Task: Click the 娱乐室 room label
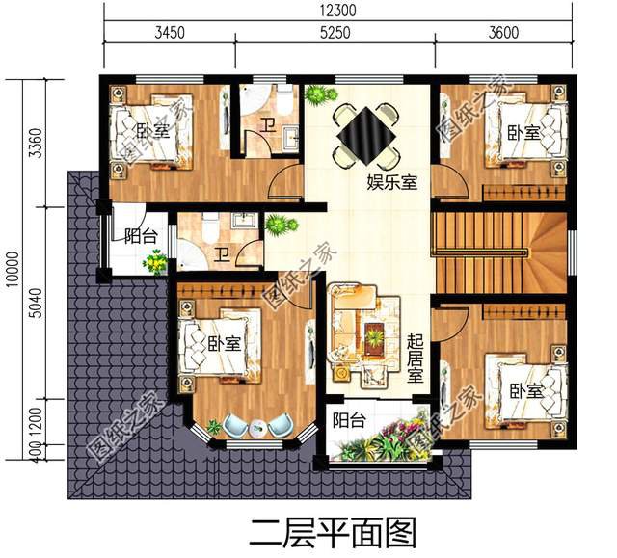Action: tap(391, 182)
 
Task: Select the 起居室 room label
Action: tap(416, 359)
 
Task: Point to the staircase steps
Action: tap(482, 252)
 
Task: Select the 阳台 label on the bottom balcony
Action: tap(349, 420)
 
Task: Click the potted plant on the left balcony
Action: tap(154, 262)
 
